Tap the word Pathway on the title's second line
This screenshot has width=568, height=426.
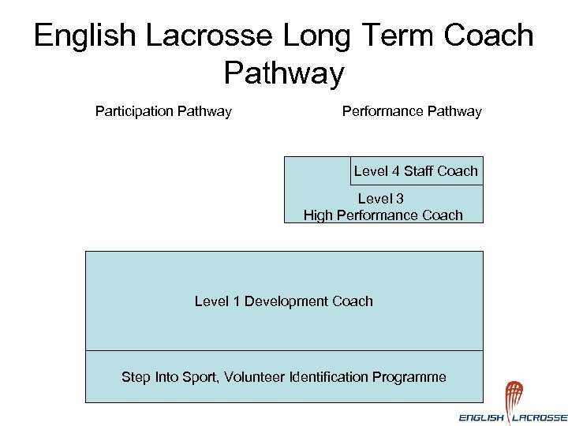click(284, 73)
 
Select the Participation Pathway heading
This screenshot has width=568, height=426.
click(163, 111)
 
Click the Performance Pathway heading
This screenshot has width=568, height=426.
click(412, 111)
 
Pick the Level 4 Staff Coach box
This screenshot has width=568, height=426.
click(416, 171)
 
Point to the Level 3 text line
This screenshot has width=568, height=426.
click(381, 199)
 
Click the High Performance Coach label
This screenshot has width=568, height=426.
click(383, 215)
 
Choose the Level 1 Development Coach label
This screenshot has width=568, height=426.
click(284, 301)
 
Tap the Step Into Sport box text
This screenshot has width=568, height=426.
click(284, 377)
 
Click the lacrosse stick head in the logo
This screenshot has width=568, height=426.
click(514, 393)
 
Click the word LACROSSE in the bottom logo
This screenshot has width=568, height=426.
click(541, 417)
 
